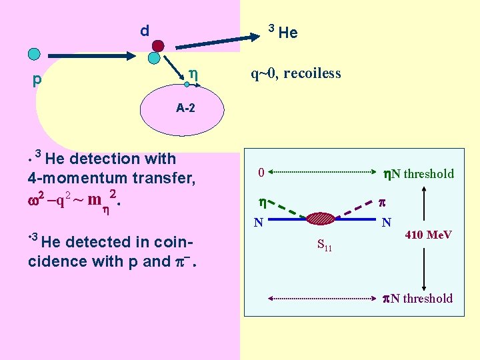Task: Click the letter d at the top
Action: tap(144, 31)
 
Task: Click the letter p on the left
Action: tap(37, 80)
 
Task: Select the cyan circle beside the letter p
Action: tap(34, 53)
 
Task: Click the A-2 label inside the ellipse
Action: tap(185, 107)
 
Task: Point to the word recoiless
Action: tap(312, 73)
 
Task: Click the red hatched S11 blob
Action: tap(323, 217)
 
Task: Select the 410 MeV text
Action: tap(429, 235)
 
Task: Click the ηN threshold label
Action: tap(419, 174)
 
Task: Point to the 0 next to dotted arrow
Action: tap(262, 173)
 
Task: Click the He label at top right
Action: tap(288, 33)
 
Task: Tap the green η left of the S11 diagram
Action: tap(262, 202)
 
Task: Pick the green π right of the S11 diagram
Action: tap(381, 201)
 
